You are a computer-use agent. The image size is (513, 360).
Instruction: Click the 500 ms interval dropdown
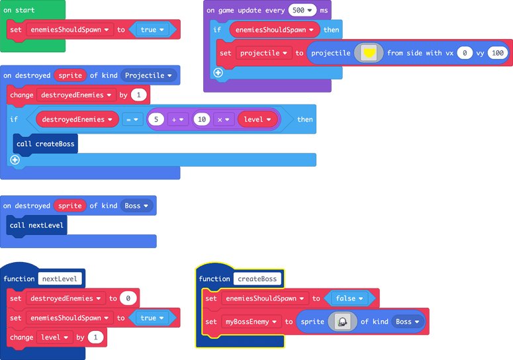pyautogui.click(x=301, y=11)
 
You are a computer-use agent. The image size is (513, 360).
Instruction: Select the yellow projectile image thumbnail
pyautogui.click(x=369, y=53)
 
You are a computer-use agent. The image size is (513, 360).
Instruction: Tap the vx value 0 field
pyautogui.click(x=465, y=53)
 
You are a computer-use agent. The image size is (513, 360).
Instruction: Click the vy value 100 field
pyautogui.click(x=498, y=53)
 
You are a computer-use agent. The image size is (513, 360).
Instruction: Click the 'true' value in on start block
pyautogui.click(x=153, y=30)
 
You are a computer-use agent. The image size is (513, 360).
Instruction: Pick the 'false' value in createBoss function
pyautogui.click(x=349, y=298)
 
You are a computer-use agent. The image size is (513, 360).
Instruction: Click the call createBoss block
pyautogui.click(x=45, y=144)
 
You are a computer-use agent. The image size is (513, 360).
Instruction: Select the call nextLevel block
pyautogui.click(x=38, y=225)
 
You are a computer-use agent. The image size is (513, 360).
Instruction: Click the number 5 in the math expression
pyautogui.click(x=156, y=119)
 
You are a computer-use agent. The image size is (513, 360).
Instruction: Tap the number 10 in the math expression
pyautogui.click(x=202, y=119)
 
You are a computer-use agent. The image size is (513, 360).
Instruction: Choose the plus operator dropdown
pyautogui.click(x=178, y=119)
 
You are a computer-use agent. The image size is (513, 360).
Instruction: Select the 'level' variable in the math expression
pyautogui.click(x=257, y=119)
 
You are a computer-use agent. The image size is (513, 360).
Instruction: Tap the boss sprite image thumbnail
pyautogui.click(x=342, y=322)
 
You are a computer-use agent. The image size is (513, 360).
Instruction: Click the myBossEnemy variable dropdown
pyautogui.click(x=252, y=322)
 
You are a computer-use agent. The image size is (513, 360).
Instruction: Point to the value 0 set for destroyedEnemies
pyautogui.click(x=128, y=298)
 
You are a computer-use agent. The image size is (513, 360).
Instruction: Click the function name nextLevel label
pyautogui.click(x=60, y=279)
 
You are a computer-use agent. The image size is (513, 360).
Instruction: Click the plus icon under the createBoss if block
pyautogui.click(x=15, y=159)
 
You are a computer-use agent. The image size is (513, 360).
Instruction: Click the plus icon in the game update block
pyautogui.click(x=218, y=73)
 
